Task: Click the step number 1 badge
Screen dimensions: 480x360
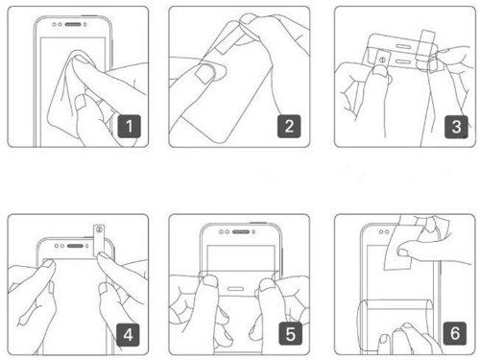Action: pyautogui.click(x=129, y=126)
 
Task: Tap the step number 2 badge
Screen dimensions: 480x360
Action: pyautogui.click(x=289, y=126)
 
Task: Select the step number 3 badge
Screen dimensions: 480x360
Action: pyautogui.click(x=456, y=127)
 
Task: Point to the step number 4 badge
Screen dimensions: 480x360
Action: pyautogui.click(x=128, y=335)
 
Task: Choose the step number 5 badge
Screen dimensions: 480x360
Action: pyautogui.click(x=290, y=334)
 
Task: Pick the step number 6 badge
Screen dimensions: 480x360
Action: pyautogui.click(x=455, y=333)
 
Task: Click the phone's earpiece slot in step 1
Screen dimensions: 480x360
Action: pyautogui.click(x=73, y=24)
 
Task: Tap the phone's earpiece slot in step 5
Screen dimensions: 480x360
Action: pyautogui.click(x=241, y=231)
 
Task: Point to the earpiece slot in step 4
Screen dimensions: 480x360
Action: pyautogui.click(x=75, y=246)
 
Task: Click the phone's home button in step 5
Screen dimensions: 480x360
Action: pyautogui.click(x=235, y=289)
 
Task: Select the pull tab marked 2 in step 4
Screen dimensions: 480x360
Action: pyautogui.click(x=99, y=240)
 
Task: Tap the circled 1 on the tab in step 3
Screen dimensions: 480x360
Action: pyautogui.click(x=382, y=60)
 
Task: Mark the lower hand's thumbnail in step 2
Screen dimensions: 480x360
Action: pyautogui.click(x=204, y=73)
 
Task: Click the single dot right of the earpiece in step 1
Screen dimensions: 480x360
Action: pyautogui.click(x=85, y=24)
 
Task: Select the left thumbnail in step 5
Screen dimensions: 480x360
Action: pyautogui.click(x=210, y=280)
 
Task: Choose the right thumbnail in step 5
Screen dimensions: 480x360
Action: pyautogui.click(x=267, y=283)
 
